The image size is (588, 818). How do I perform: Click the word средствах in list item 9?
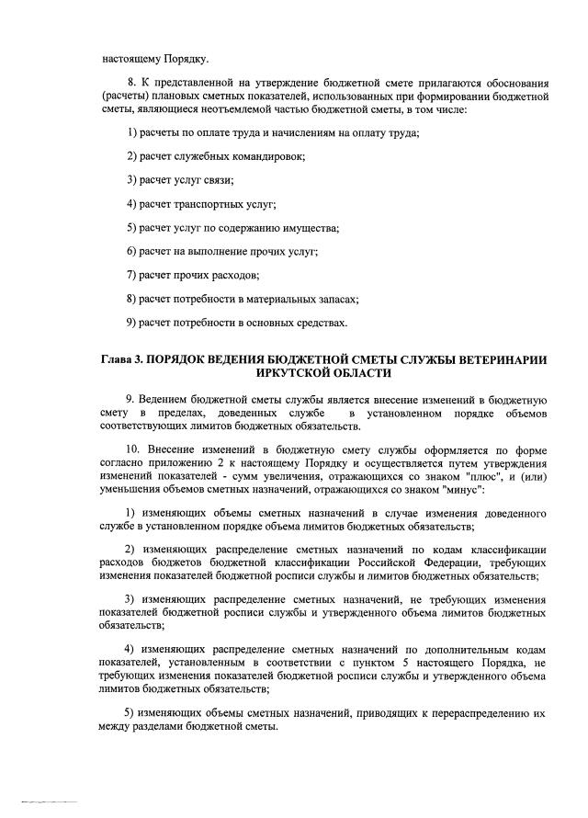(322, 324)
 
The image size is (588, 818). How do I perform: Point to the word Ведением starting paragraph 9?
(165, 401)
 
